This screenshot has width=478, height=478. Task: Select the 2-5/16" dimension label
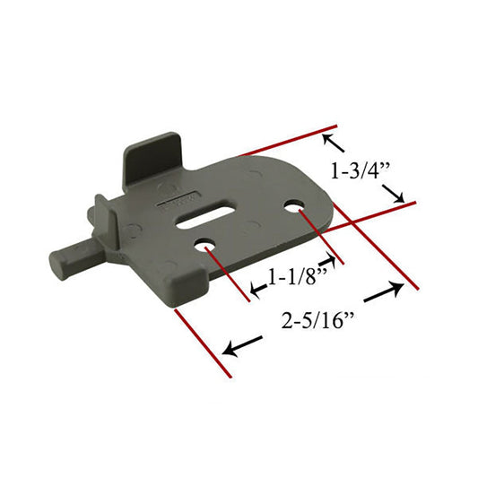tap(317, 321)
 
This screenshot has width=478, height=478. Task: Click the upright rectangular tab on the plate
tap(152, 160)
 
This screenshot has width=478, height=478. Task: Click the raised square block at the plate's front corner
tap(188, 287)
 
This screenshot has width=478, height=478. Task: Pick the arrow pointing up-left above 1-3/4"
tap(334, 143)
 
